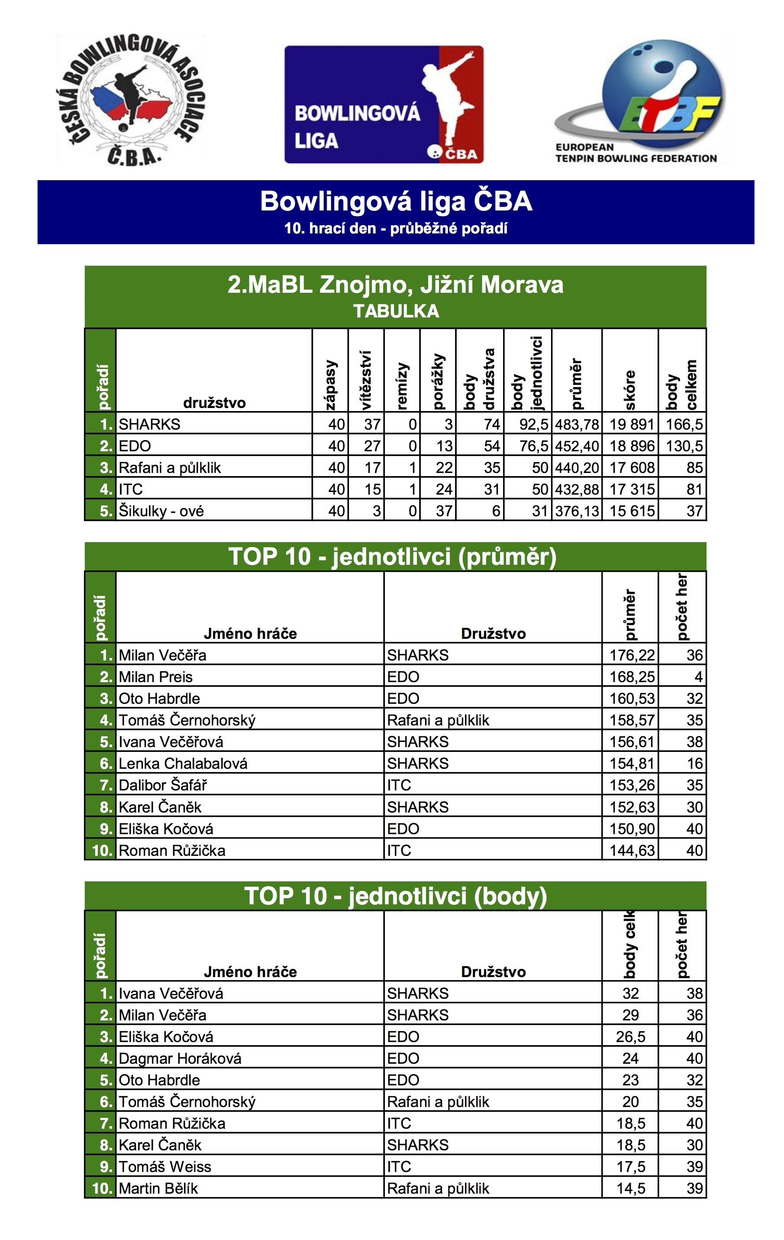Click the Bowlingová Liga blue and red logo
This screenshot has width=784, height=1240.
[x=384, y=104]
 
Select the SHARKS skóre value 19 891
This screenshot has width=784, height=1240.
[x=631, y=424]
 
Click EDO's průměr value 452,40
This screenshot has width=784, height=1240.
[x=577, y=446]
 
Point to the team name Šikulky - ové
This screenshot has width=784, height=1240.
[x=161, y=511]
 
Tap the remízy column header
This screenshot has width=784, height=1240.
[x=402, y=386]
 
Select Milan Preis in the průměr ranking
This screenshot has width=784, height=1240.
[x=155, y=677]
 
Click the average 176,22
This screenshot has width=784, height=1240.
[x=632, y=655]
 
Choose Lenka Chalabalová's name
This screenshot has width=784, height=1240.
[x=183, y=763]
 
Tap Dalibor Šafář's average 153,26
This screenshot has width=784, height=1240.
[x=632, y=785]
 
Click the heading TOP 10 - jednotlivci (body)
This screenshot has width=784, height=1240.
[x=395, y=896]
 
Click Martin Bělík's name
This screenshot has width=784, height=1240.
[x=158, y=1188]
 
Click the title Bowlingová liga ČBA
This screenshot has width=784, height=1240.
[x=395, y=201]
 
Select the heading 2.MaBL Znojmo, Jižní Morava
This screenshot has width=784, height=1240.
[x=395, y=285]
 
